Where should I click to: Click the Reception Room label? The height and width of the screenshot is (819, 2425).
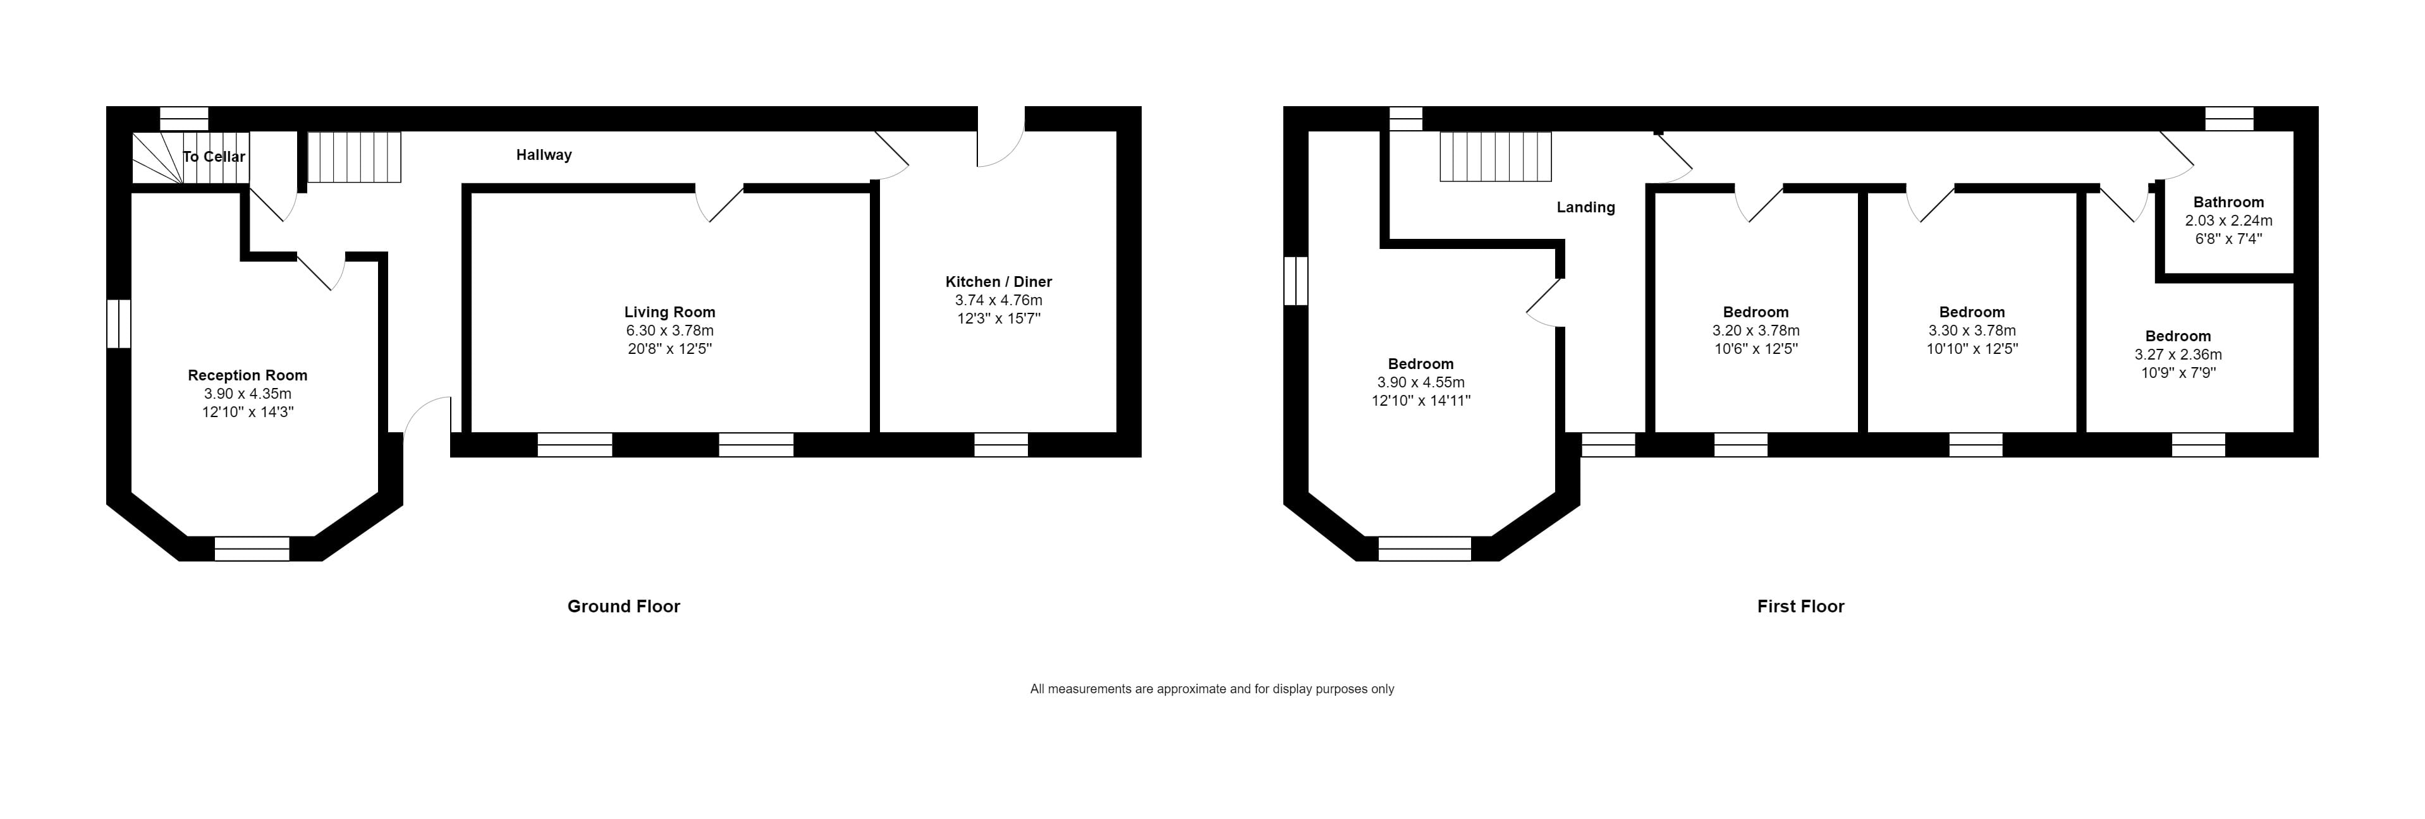point(248,375)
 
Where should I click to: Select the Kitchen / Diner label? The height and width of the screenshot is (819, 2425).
point(998,281)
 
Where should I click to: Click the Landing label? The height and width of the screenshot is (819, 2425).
point(1585,207)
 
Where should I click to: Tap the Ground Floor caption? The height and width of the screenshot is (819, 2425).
point(623,606)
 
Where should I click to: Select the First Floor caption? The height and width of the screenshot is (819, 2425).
point(1800,606)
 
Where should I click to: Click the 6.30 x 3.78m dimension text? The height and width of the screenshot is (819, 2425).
point(669,331)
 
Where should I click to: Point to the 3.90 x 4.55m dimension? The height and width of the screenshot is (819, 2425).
point(1420,382)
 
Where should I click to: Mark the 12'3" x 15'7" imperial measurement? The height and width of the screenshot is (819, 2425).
point(998,318)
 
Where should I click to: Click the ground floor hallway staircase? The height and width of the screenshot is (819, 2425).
point(355,156)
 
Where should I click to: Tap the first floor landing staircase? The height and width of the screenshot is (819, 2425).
point(1495,156)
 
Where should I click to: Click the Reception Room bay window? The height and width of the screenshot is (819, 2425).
point(252,548)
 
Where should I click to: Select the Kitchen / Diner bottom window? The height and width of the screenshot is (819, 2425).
point(1001,444)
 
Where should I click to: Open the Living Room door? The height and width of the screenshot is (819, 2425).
point(720,202)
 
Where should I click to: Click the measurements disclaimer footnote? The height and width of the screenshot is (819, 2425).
point(1212,689)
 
